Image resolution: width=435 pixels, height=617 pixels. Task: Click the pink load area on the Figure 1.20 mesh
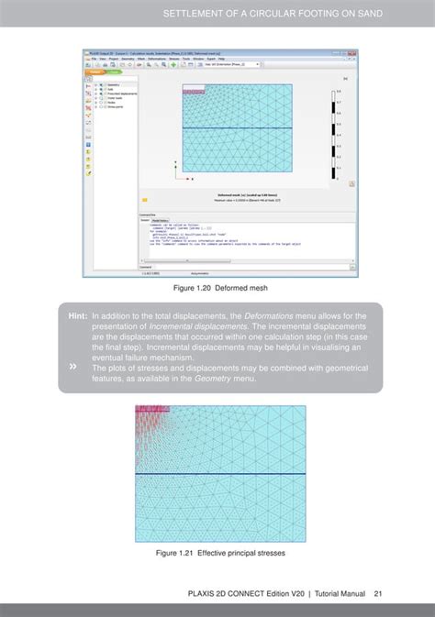tap(193, 90)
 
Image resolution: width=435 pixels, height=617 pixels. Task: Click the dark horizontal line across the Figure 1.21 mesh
tap(220, 474)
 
